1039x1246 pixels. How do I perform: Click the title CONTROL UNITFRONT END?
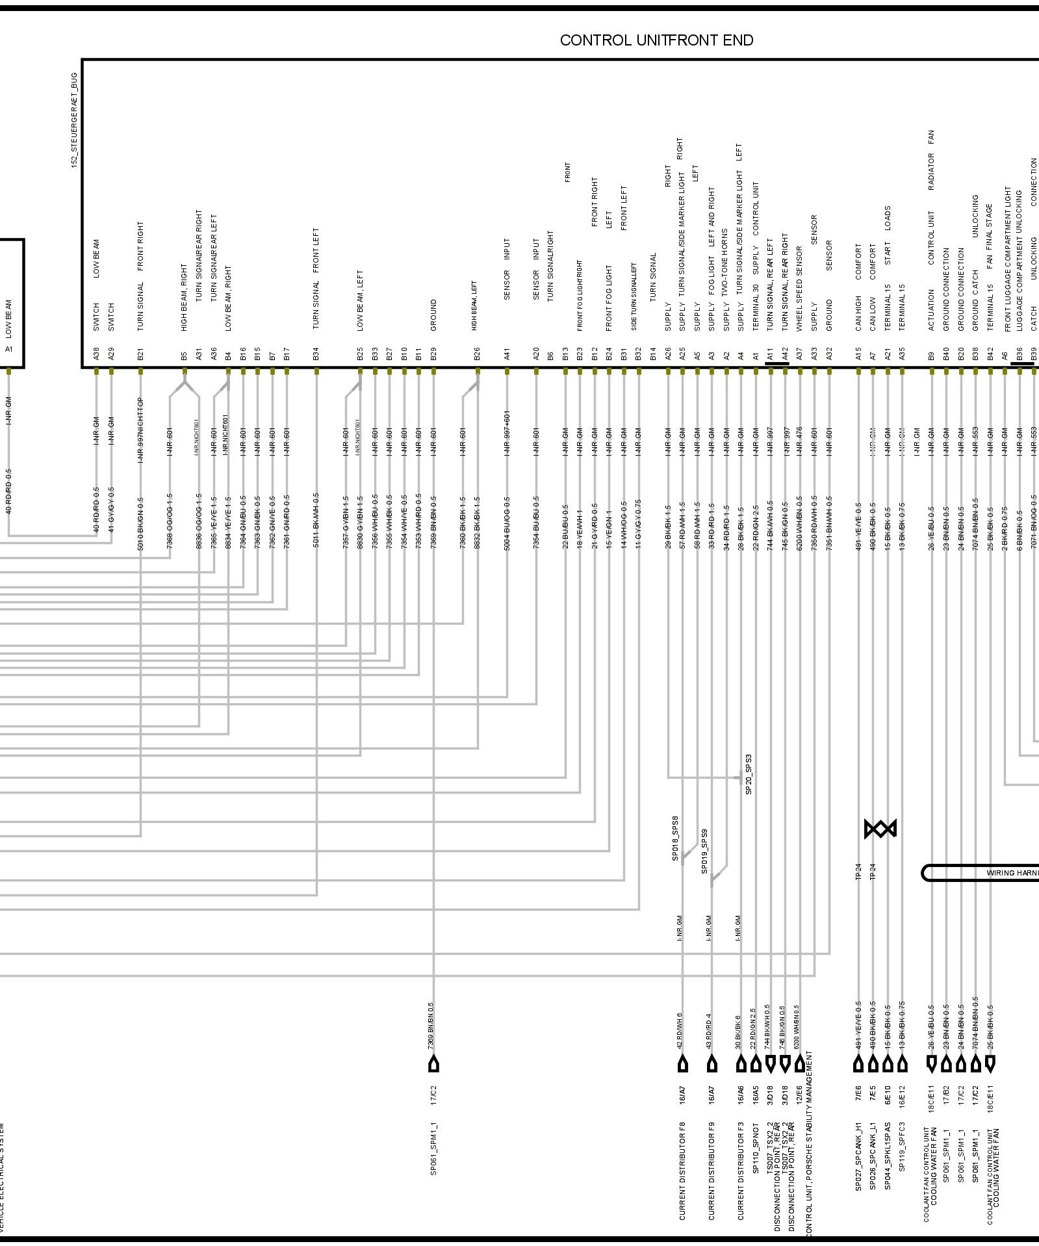(x=656, y=40)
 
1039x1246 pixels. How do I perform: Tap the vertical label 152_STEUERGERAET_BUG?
(x=74, y=121)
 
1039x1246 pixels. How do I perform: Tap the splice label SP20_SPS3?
(x=749, y=774)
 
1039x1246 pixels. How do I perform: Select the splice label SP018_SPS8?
(x=675, y=838)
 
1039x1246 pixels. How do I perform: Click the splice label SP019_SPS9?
(x=704, y=851)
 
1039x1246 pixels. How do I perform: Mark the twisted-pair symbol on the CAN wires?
(x=880, y=829)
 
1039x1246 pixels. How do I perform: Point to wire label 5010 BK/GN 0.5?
(x=140, y=525)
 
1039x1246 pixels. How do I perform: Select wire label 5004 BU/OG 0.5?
(x=507, y=523)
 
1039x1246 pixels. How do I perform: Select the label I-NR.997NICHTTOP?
(x=140, y=430)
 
